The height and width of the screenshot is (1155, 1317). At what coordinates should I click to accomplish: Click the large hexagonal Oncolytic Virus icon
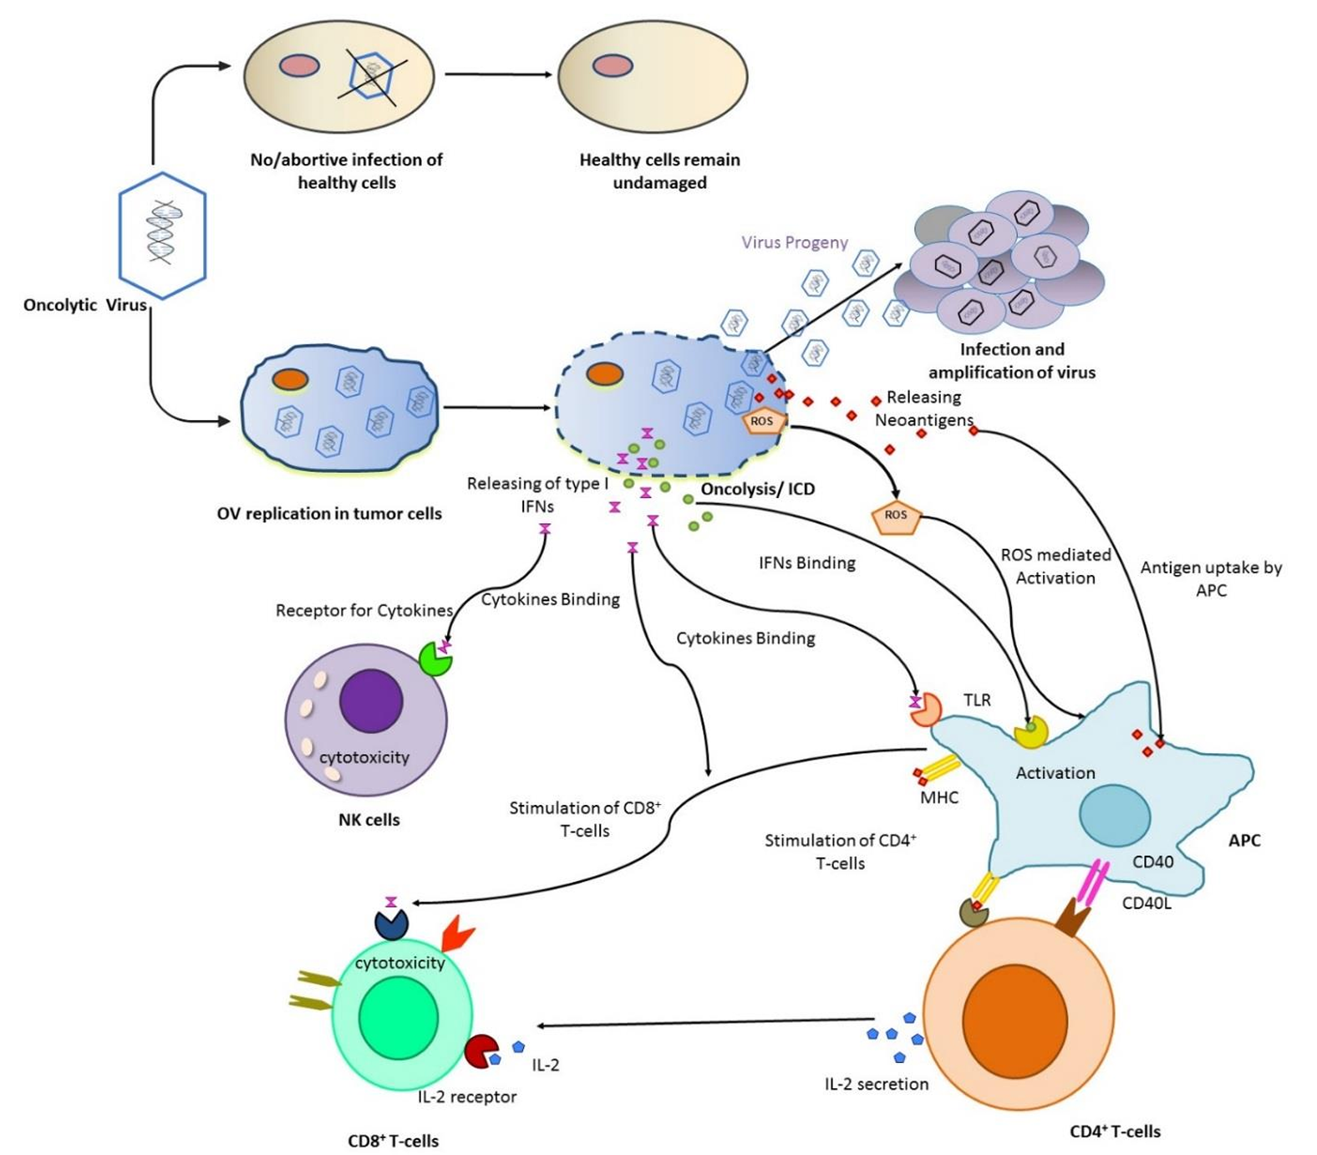tap(162, 235)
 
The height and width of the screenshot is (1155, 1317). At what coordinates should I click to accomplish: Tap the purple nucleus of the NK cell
tap(371, 701)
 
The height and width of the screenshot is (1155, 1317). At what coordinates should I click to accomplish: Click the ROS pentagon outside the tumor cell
tap(895, 516)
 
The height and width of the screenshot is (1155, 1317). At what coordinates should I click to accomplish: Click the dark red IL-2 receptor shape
tap(481, 1051)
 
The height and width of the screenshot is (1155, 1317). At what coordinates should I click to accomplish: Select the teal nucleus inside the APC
tap(1115, 815)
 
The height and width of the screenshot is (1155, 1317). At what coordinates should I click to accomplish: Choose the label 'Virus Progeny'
tap(795, 242)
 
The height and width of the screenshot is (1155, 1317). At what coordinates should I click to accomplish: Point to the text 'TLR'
tap(977, 700)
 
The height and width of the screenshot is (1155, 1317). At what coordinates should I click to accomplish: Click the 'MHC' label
tap(939, 797)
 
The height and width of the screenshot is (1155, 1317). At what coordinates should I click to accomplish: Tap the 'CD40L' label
tap(1147, 903)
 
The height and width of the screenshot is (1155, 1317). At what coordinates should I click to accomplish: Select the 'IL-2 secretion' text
tap(877, 1084)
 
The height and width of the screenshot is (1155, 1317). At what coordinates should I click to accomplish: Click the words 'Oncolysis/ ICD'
tap(757, 489)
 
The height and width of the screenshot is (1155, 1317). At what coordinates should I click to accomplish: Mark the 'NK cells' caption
tap(369, 820)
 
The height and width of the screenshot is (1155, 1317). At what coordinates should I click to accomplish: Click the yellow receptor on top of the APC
tap(1030, 731)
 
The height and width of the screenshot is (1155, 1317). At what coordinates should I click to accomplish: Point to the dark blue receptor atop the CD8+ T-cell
tap(391, 923)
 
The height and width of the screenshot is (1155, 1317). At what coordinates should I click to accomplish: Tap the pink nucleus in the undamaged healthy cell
tap(613, 65)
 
